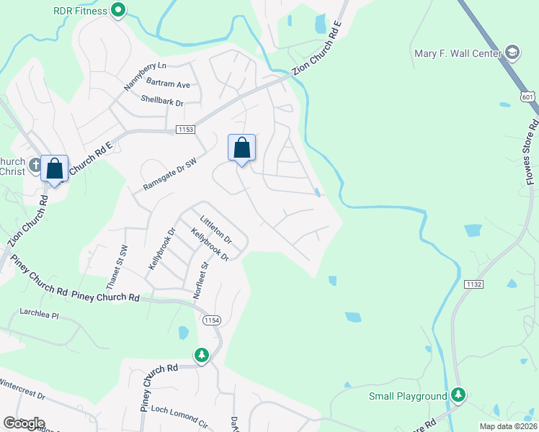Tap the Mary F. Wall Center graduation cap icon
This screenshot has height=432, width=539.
[512, 53]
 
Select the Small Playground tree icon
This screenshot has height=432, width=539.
[458, 395]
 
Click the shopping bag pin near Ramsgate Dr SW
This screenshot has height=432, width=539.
[242, 148]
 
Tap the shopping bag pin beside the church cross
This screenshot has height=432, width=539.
[54, 169]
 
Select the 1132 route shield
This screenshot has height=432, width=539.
[473, 284]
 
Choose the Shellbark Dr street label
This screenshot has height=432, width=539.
[162, 102]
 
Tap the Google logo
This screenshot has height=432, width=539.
[24, 423]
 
